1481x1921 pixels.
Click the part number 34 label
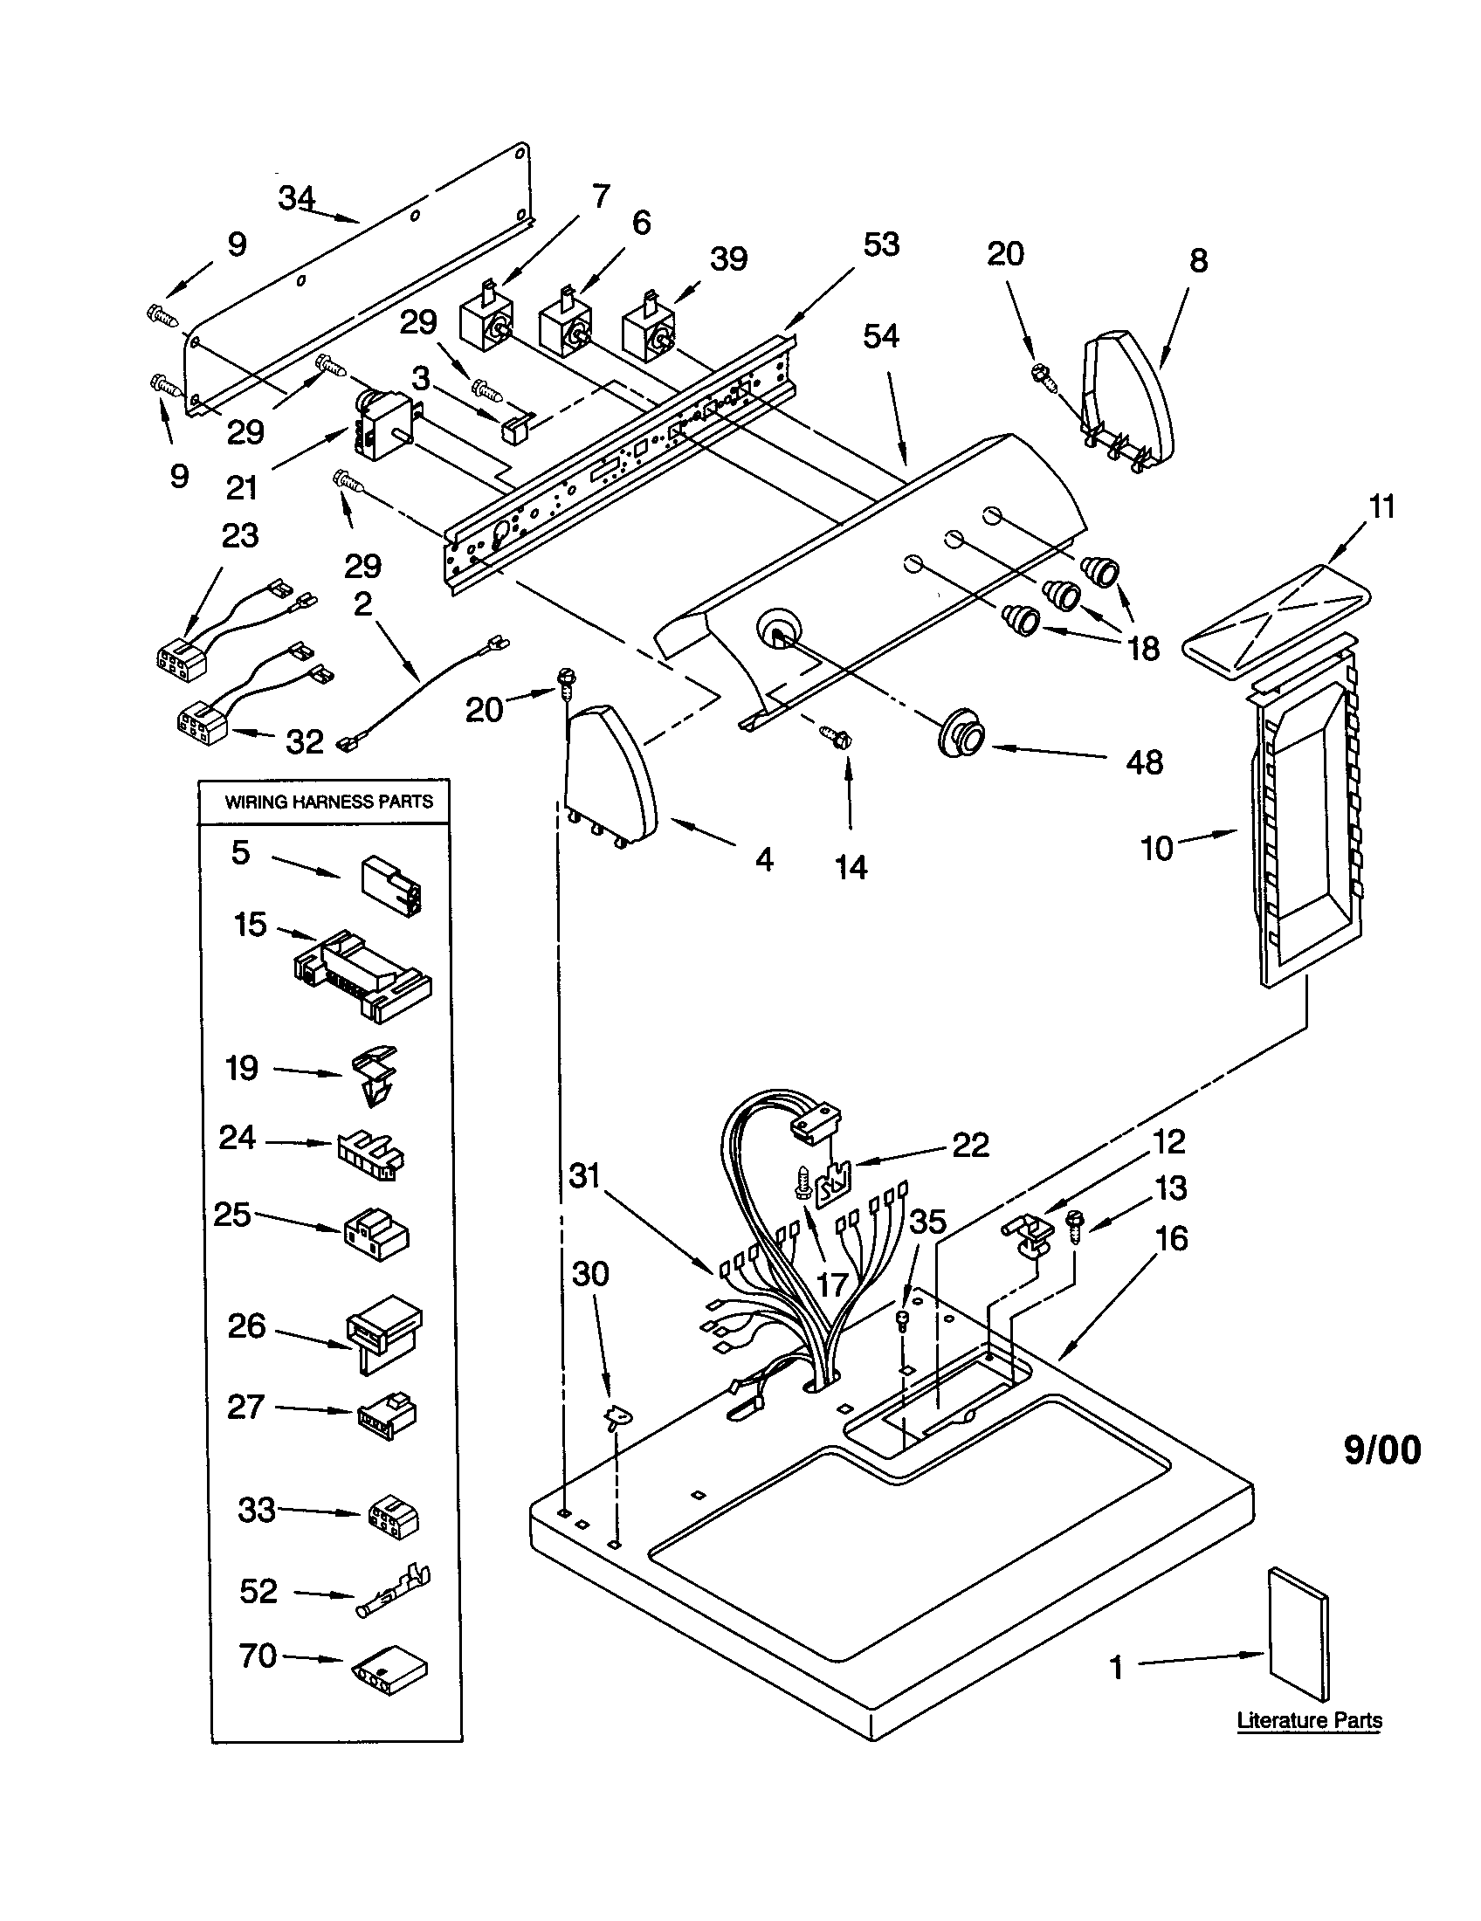(x=297, y=199)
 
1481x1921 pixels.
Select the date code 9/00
(x=1381, y=1450)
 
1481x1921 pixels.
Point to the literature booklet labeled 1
(x=1298, y=1634)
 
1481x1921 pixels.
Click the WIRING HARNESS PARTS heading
(x=329, y=802)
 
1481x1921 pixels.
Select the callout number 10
(x=1156, y=849)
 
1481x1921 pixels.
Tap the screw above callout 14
(x=836, y=735)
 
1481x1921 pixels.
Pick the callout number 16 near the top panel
(x=1171, y=1239)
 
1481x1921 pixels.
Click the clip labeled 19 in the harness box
(x=375, y=1074)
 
